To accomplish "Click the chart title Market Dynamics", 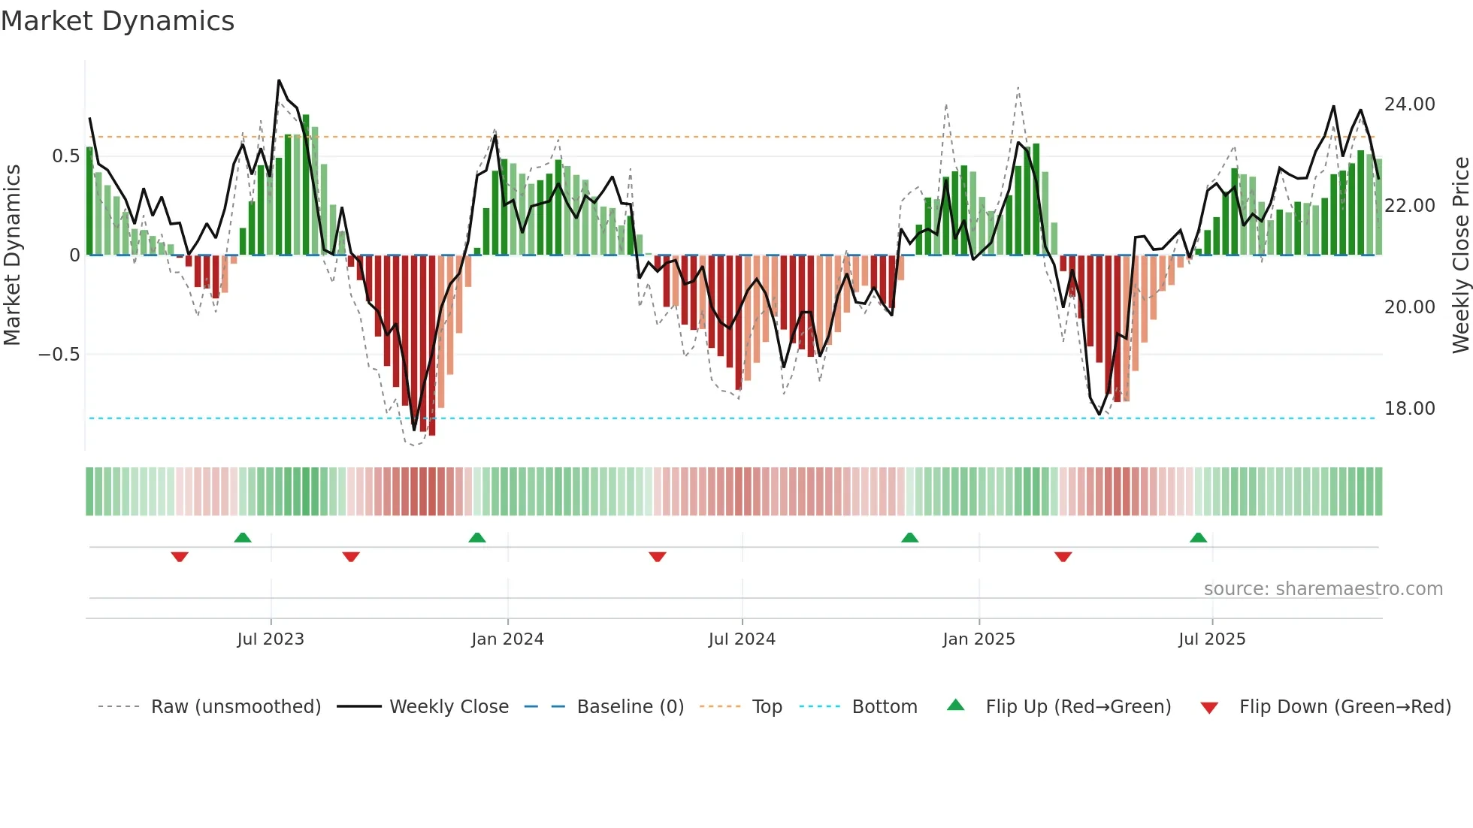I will point(118,21).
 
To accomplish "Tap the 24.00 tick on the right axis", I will point(1409,104).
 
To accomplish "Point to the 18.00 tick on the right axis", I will point(1409,409).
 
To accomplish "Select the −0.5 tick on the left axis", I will point(59,355).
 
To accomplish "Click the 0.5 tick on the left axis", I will point(65,156).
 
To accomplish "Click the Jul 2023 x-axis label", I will point(271,639).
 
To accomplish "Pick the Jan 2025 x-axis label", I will point(978,639).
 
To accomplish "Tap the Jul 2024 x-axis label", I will point(742,639).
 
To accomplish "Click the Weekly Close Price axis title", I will point(1460,255).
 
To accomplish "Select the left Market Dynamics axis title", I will point(12,255).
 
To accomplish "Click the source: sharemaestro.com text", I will point(1323,589).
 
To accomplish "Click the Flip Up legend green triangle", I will point(955,706).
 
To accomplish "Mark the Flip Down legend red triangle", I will point(1209,708).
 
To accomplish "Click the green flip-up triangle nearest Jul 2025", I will point(1198,537).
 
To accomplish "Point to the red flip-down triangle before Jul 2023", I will point(180,557).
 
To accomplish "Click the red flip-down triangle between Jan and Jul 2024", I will point(658,557).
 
